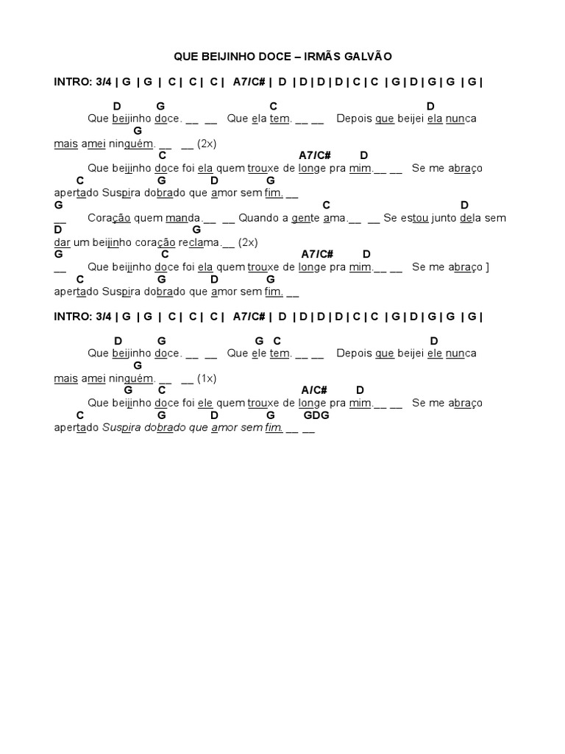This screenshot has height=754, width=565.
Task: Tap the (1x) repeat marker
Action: (x=207, y=378)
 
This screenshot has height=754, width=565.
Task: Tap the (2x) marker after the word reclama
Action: (x=249, y=242)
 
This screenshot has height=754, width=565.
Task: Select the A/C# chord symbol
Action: (x=314, y=390)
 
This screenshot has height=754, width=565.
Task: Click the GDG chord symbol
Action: (x=316, y=415)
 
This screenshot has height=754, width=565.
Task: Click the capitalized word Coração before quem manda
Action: (x=108, y=218)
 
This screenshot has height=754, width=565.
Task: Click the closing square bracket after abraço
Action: (x=487, y=267)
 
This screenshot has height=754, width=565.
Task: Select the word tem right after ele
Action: (x=280, y=353)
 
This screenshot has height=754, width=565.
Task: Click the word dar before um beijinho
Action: (x=63, y=242)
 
